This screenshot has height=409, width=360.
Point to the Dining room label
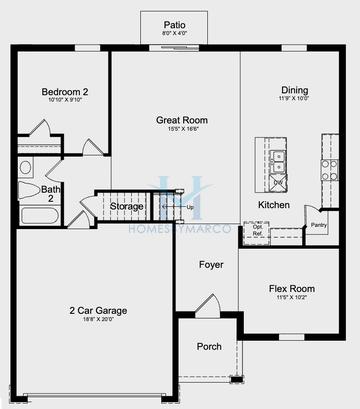click(294, 90)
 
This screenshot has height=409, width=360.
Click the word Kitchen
click(274, 205)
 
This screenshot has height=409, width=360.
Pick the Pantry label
click(319, 225)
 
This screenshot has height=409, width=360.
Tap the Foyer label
click(211, 265)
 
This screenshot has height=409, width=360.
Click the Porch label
click(210, 348)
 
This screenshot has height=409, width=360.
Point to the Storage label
click(127, 207)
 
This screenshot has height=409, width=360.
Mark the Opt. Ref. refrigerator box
click(259, 230)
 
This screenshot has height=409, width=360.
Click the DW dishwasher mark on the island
click(277, 183)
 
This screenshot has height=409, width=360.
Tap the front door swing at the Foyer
click(207, 304)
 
